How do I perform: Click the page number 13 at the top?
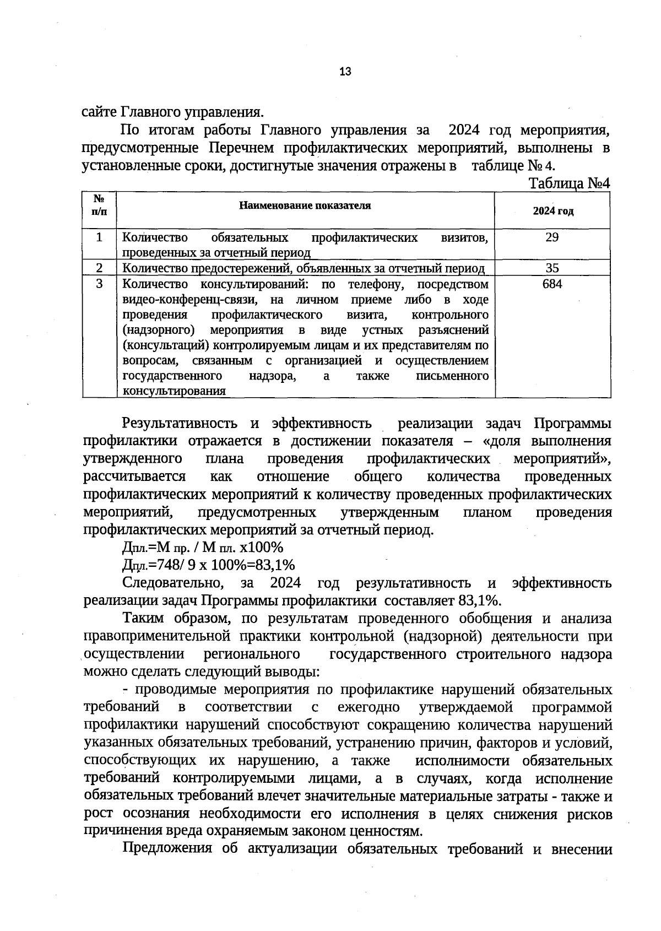(345, 72)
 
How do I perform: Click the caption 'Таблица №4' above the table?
(569, 183)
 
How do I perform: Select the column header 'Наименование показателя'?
(305, 206)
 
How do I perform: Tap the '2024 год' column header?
(552, 212)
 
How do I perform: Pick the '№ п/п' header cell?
(99, 205)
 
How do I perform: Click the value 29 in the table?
(552, 237)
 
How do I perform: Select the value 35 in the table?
(552, 268)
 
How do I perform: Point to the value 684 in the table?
(552, 284)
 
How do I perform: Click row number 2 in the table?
(99, 268)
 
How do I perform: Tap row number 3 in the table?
(99, 284)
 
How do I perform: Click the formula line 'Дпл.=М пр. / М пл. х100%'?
(202, 548)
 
